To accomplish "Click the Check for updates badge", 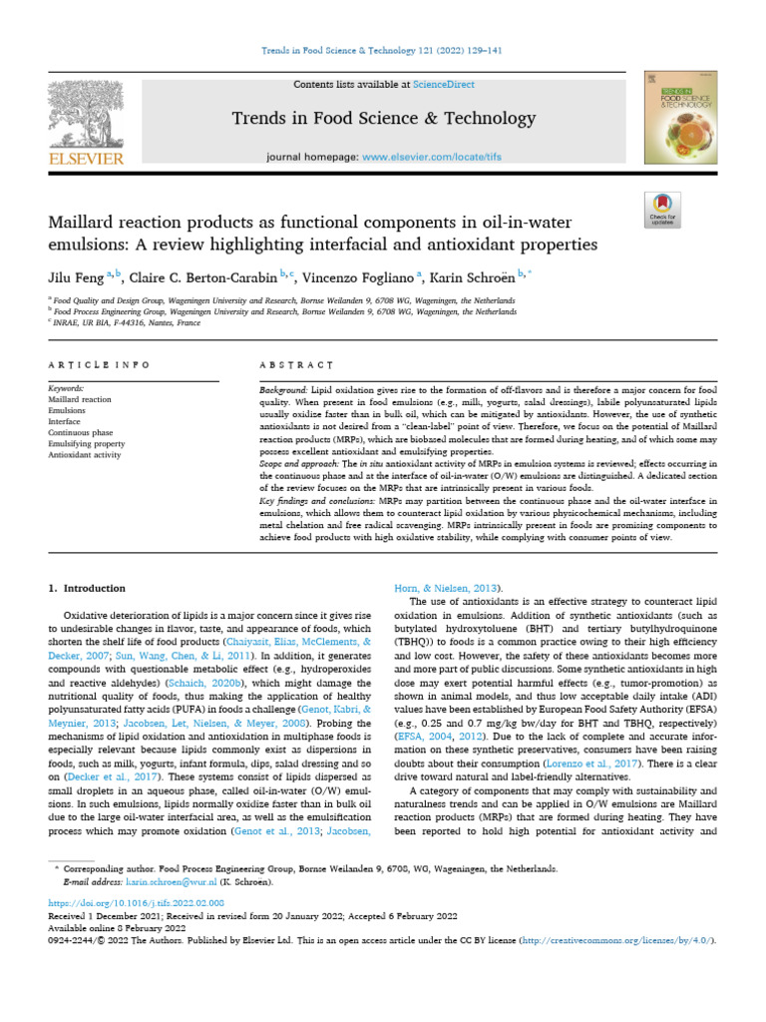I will [662, 207].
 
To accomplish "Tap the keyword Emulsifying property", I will [87, 443].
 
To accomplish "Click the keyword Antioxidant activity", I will [85, 455].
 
